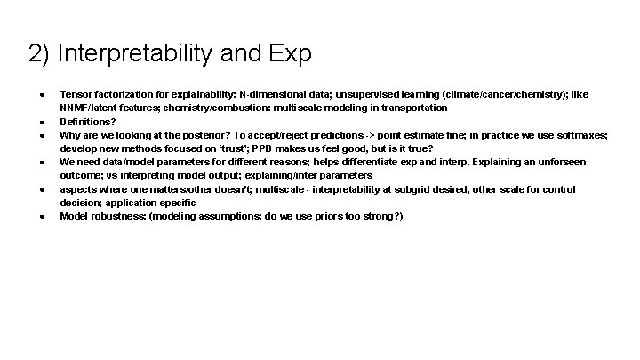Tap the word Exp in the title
click(x=288, y=54)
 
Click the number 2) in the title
click(x=39, y=54)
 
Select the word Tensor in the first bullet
click(x=75, y=94)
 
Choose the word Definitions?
click(x=87, y=122)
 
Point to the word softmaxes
click(x=582, y=135)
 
